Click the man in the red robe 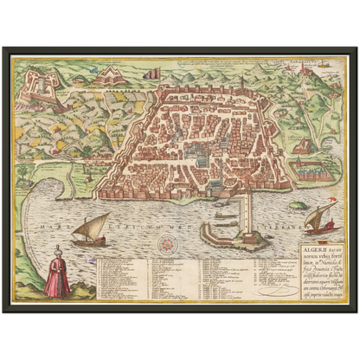57,275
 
